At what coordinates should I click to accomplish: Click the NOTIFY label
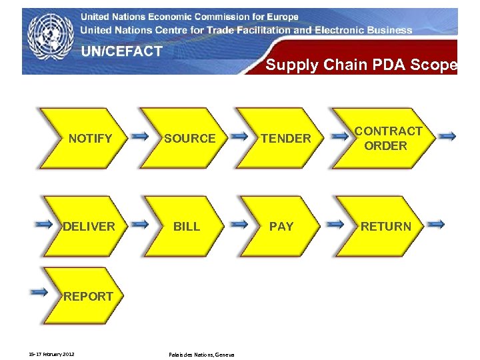pyautogui.click(x=91, y=139)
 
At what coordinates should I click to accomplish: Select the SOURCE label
pyautogui.click(x=190, y=139)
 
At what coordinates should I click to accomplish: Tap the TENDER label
pyautogui.click(x=285, y=139)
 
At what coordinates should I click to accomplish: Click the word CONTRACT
pyautogui.click(x=388, y=131)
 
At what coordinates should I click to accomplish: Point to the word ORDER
pyautogui.click(x=385, y=146)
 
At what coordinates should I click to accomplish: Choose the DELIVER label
pyautogui.click(x=89, y=227)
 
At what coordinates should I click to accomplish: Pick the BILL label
pyautogui.click(x=187, y=227)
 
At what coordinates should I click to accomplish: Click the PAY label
pyautogui.click(x=281, y=227)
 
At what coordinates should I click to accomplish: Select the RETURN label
pyautogui.click(x=386, y=227)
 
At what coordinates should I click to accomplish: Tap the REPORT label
pyautogui.click(x=88, y=297)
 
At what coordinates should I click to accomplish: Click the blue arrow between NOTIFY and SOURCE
pyautogui.click(x=140, y=136)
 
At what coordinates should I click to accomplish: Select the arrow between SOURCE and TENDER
pyautogui.click(x=238, y=136)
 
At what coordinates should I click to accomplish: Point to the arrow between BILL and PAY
pyautogui.click(x=238, y=224)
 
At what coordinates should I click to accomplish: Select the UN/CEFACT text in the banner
pyautogui.click(x=122, y=51)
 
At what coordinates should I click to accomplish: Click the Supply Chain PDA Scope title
pyautogui.click(x=361, y=65)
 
